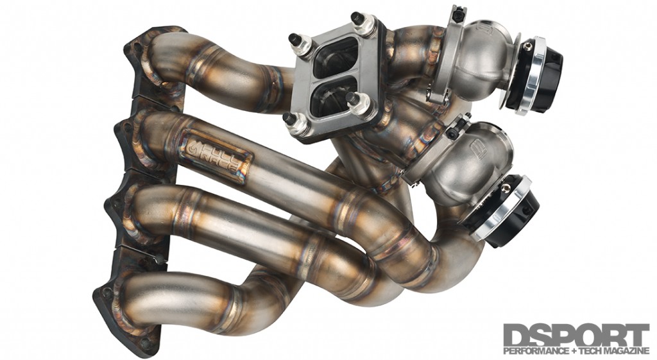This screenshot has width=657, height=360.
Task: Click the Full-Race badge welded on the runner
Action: tap(214, 156)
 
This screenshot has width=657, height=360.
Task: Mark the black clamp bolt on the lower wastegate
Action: tap(451, 128)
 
